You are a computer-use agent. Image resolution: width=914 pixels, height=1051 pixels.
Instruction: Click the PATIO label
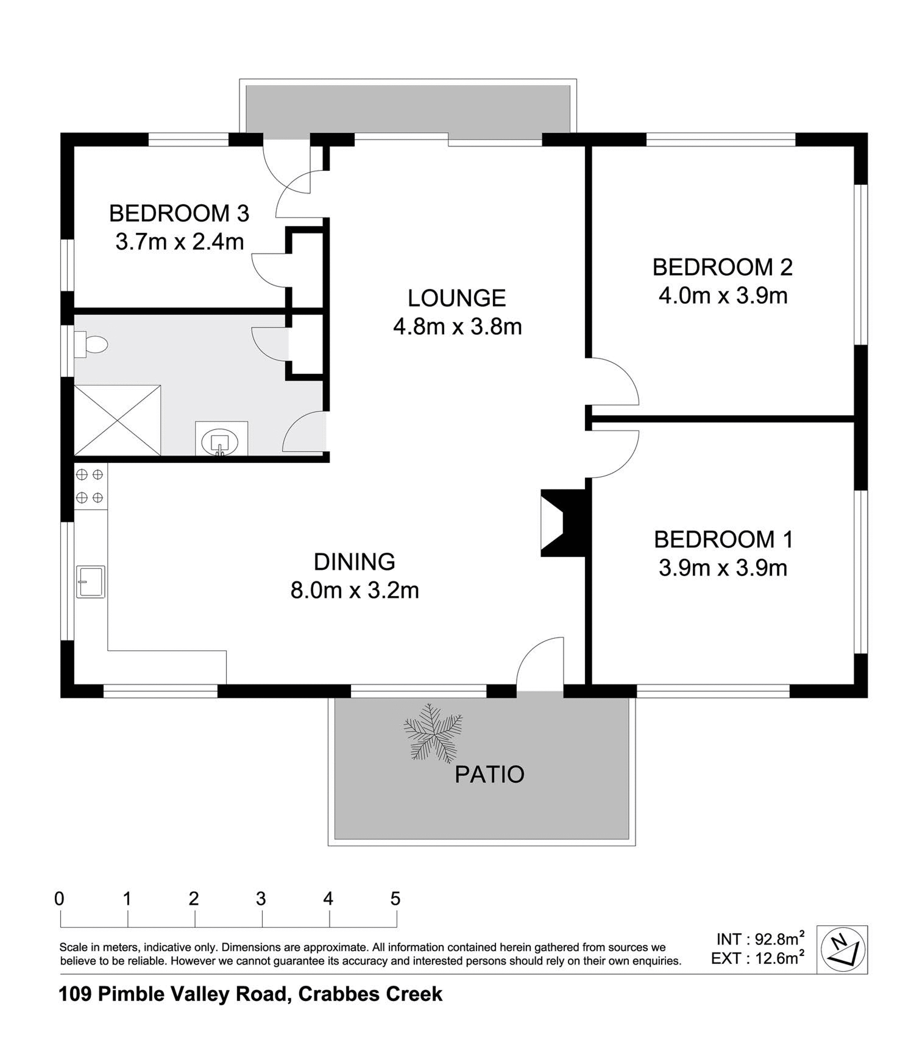click(489, 774)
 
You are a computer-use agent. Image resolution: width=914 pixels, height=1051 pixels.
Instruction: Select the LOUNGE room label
click(456, 298)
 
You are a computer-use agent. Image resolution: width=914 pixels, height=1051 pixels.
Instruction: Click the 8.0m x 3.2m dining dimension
click(355, 591)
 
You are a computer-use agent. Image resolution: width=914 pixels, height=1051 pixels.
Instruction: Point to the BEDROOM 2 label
click(723, 267)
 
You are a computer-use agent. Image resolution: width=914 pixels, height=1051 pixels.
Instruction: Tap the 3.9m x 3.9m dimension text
click(723, 568)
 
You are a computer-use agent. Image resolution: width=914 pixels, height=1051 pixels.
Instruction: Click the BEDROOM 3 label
click(179, 213)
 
